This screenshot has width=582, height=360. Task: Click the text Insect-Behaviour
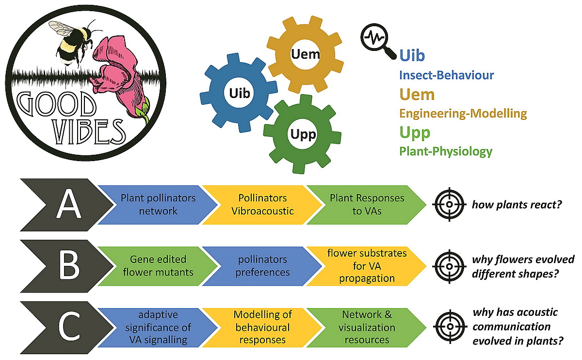tap(446, 75)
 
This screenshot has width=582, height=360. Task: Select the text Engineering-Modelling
tap(463, 114)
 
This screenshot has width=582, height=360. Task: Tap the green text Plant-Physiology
tap(445, 151)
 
